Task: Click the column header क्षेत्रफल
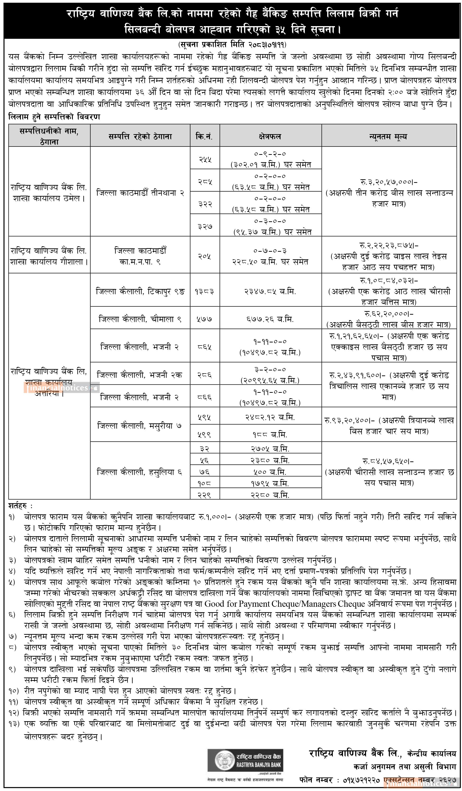[x=270, y=137]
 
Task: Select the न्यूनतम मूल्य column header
[x=389, y=137]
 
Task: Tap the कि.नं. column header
[x=205, y=137]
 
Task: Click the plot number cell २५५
[x=205, y=159]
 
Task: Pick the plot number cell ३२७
[x=205, y=226]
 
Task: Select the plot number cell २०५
[x=205, y=256]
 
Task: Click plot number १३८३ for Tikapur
[x=205, y=291]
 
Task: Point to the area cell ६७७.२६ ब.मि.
[x=270, y=319]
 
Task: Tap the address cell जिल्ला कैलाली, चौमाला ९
[x=140, y=319]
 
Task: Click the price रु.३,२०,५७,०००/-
[x=389, y=182]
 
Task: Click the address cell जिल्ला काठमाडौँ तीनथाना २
[x=140, y=193]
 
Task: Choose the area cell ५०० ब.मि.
[x=270, y=472]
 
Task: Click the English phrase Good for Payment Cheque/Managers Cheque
[x=285, y=604]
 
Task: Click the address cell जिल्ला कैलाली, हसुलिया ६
[x=140, y=472]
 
